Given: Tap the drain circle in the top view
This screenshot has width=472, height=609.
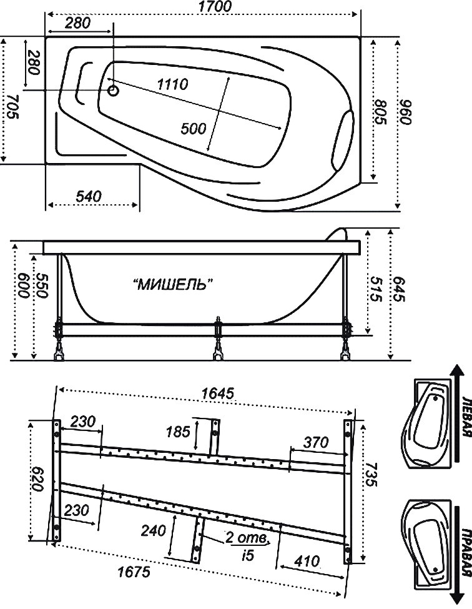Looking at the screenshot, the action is point(113,91).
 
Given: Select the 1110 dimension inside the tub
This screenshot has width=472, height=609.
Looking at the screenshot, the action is point(173,84).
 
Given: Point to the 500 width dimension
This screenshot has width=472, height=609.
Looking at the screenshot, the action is point(194,128).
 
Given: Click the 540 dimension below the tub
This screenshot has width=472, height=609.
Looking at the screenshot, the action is point(89,196).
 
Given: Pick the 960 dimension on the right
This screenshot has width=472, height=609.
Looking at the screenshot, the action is point(405,112).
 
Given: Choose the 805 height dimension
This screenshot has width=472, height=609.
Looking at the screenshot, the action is point(381,112).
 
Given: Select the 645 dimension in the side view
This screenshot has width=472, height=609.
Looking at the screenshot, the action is point(398,289).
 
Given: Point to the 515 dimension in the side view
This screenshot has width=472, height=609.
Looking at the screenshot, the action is point(375,289).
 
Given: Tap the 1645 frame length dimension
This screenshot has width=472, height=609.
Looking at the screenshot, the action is point(218,394).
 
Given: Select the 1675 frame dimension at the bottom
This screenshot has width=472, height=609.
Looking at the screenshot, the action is point(134,572).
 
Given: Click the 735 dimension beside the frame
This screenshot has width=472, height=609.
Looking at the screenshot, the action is point(371,475).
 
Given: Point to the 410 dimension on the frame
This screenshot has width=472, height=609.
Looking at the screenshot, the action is point(307,561).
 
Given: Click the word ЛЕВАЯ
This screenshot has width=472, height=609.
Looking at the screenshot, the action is point(467,417).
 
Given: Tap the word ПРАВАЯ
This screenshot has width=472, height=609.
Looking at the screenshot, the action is point(467,552).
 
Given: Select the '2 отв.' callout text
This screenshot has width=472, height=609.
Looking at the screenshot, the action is point(247,538).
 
